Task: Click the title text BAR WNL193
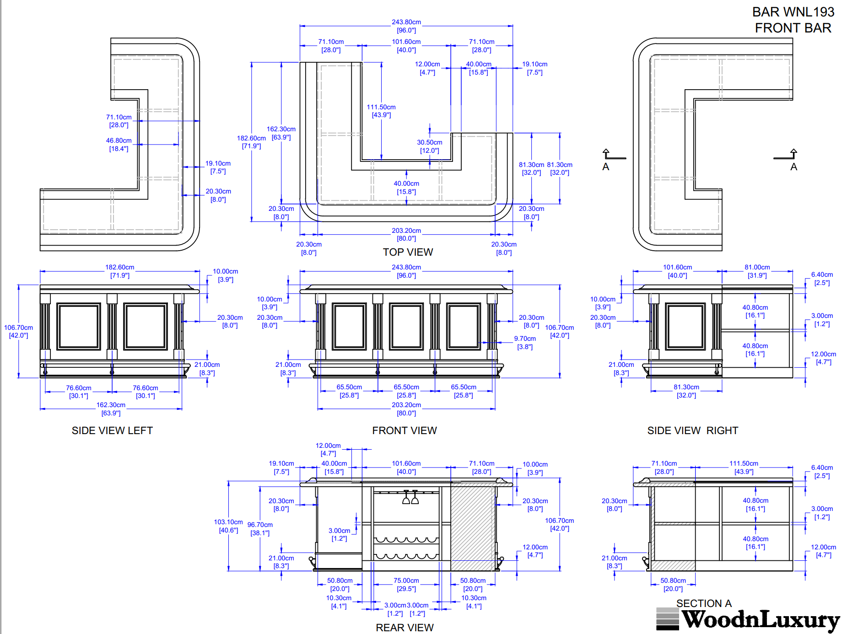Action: coord(793,12)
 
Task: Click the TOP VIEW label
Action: coord(408,252)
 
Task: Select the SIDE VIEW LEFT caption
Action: coord(112,430)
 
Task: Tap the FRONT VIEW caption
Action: coord(405,430)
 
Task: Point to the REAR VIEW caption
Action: coord(405,628)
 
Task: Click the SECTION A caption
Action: coord(704,603)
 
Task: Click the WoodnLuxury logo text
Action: coord(760,620)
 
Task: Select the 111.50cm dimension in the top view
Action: coord(381,107)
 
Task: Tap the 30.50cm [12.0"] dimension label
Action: coord(429,146)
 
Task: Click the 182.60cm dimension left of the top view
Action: coord(251,138)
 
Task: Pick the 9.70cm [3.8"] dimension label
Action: coord(525,343)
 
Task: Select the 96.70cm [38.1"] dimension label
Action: coord(260,529)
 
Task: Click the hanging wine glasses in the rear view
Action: coord(410,497)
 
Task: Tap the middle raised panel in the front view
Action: coord(406,326)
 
